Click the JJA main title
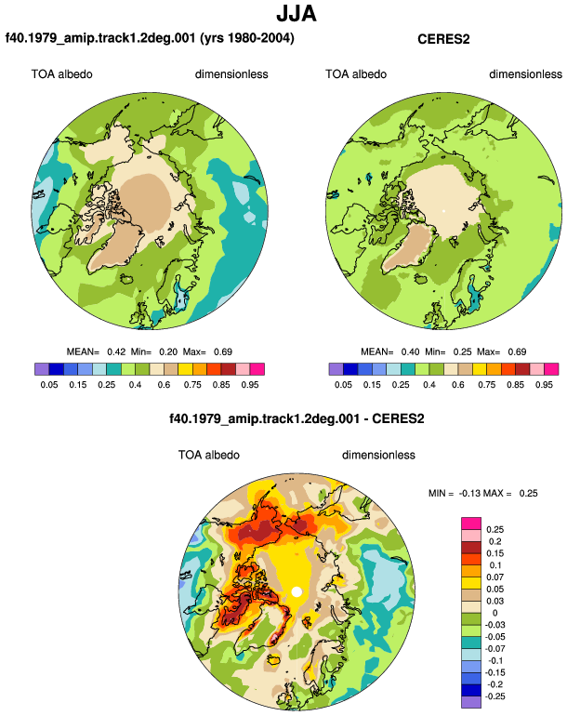[297, 14]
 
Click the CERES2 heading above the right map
[443, 39]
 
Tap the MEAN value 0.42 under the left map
[116, 352]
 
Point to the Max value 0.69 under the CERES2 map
[517, 352]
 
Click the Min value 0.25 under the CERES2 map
[463, 352]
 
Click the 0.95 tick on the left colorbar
[250, 384]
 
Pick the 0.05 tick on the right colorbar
[343, 384]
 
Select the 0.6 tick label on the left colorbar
[164, 384]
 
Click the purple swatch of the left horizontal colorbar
[42, 369]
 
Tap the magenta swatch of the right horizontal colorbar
[551, 369]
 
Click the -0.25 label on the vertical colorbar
[494, 696]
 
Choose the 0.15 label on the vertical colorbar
[494, 553]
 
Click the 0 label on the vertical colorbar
[494, 613]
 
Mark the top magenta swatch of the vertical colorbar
[471, 524]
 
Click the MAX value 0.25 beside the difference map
[528, 493]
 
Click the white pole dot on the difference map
[297, 591]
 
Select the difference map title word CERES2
[398, 418]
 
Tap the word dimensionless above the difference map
[378, 456]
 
